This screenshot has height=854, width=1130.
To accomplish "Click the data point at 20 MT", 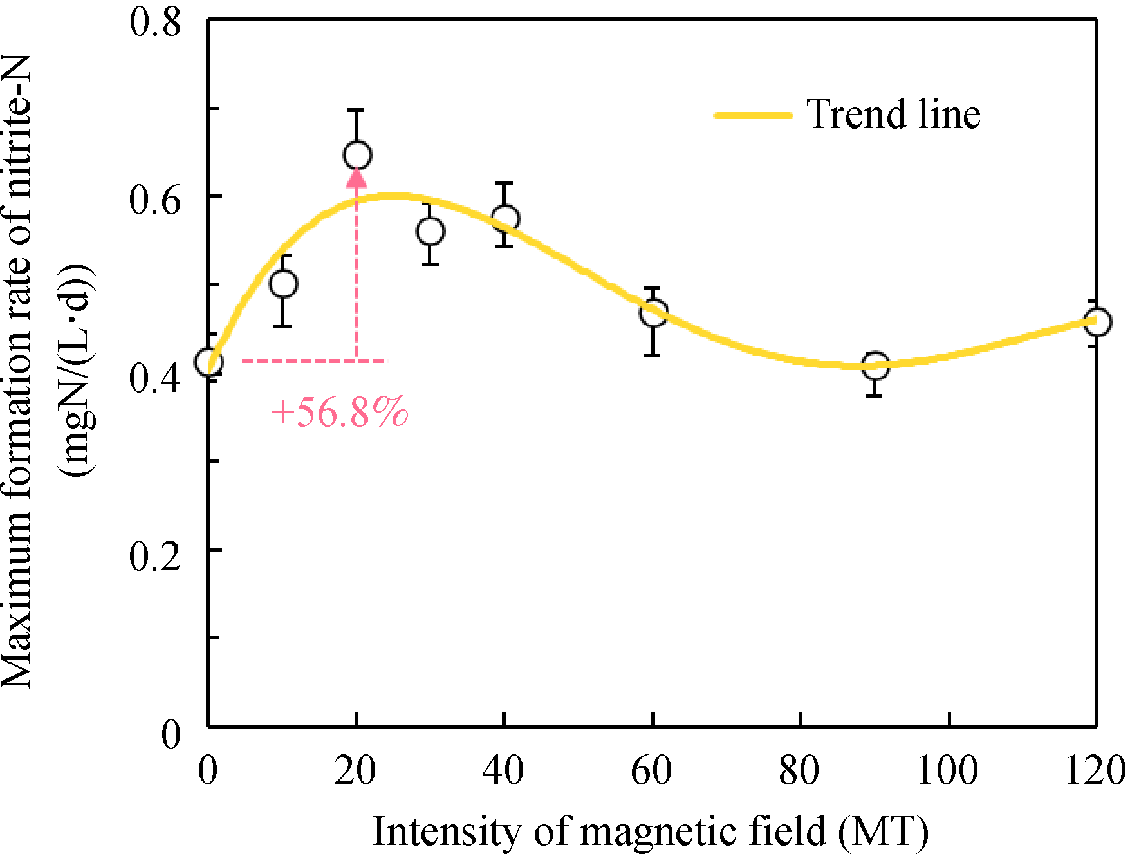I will [x=357, y=155].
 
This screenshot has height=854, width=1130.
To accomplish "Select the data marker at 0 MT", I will [x=208, y=363].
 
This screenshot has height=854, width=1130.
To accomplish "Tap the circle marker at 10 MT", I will [x=283, y=284].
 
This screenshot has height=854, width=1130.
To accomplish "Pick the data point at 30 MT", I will [x=431, y=232].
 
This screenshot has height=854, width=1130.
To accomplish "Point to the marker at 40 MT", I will [x=505, y=219].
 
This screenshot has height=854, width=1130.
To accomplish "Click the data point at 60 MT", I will [x=653, y=314].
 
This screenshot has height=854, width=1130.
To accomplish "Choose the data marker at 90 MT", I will [x=875, y=366].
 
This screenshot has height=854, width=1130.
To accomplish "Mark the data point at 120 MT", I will [x=1097, y=322].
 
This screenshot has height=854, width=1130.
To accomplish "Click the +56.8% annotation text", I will [x=339, y=412].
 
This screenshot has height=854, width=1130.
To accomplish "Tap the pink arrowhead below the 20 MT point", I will [x=357, y=177].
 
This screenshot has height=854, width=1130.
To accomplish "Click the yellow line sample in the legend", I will [x=753, y=116].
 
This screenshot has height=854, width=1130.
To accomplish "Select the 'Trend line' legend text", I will [x=894, y=115].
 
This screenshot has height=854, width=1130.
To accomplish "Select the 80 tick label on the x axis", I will [x=799, y=770].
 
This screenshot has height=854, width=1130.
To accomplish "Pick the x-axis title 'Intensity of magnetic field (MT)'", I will [x=651, y=831].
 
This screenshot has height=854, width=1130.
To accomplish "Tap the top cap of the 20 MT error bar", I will [x=357, y=110].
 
